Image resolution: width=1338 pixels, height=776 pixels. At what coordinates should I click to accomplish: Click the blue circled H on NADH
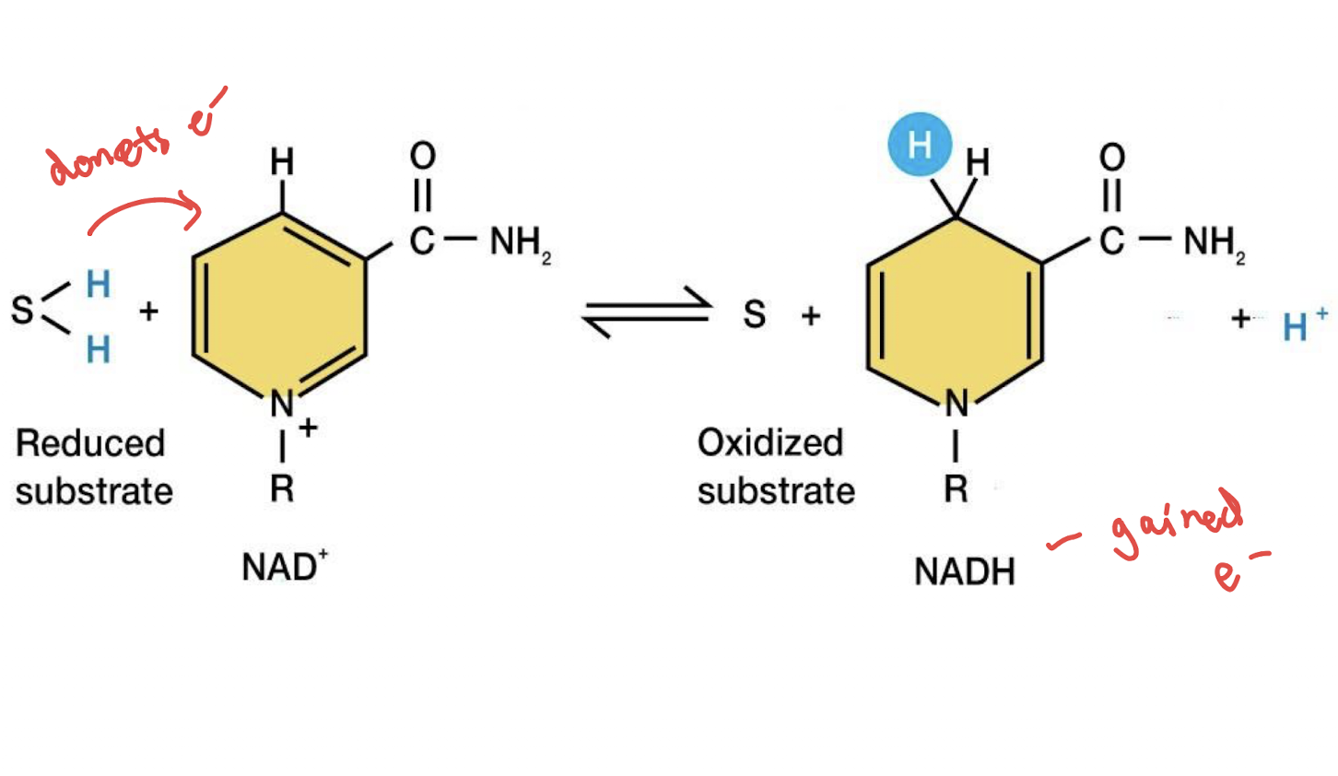(x=920, y=145)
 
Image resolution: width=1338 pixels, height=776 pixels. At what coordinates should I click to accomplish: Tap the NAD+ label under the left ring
(x=285, y=566)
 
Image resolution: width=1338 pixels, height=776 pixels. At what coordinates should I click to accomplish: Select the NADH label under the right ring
(x=965, y=571)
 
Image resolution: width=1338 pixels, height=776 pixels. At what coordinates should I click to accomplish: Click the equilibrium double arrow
(x=647, y=312)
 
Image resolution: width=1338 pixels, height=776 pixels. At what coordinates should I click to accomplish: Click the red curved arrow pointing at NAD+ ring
(x=146, y=213)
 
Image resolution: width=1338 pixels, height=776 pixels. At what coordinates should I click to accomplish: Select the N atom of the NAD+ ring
(x=282, y=404)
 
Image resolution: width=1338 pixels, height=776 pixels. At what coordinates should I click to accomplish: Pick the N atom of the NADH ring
(x=957, y=404)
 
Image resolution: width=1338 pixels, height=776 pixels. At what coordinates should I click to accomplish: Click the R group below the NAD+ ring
(x=282, y=488)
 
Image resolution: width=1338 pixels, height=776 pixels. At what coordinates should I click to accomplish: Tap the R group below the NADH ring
(x=956, y=488)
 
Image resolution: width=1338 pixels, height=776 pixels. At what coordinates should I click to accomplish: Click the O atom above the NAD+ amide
(x=423, y=156)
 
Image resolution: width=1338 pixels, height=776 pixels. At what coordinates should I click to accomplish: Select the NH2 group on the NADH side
(x=1215, y=242)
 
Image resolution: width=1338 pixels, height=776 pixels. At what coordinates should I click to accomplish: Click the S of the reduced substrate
(x=23, y=310)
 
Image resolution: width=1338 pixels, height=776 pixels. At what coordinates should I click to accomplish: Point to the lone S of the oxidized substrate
(x=755, y=314)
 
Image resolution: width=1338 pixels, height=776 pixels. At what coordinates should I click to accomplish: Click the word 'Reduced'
(x=90, y=443)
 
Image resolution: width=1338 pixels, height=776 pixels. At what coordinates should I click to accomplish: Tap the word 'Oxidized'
(x=770, y=442)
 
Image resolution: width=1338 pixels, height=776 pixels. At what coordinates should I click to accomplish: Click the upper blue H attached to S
(x=99, y=284)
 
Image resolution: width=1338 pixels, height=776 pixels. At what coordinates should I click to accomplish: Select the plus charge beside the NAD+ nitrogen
(x=308, y=428)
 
